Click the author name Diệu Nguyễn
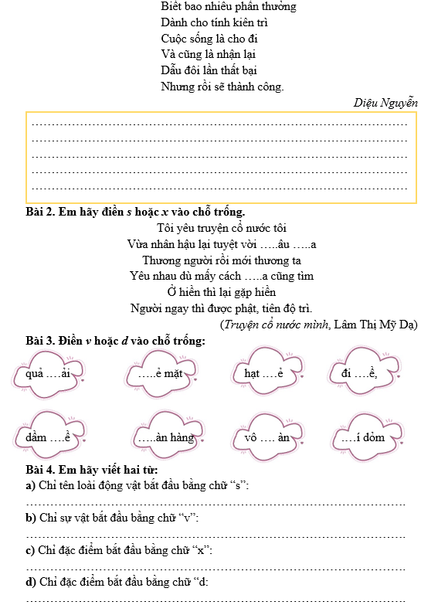(385, 102)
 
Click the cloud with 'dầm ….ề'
(50, 437)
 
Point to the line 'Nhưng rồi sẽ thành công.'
(222, 87)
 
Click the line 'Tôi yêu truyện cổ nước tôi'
(221, 228)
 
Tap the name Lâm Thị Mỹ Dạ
(379, 325)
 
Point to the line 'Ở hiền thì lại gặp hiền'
(222, 292)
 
